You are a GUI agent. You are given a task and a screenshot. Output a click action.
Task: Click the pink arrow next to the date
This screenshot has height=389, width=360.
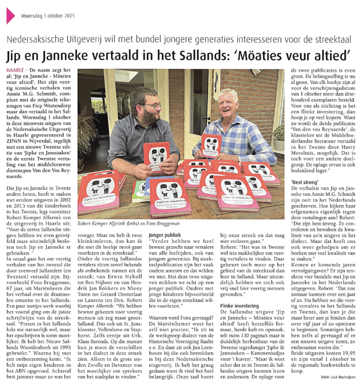point(10,16)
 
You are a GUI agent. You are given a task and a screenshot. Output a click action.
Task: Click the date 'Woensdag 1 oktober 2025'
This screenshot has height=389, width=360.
point(48,16)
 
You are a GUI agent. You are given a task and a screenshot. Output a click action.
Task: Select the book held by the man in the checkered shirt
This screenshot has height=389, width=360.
point(211,146)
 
